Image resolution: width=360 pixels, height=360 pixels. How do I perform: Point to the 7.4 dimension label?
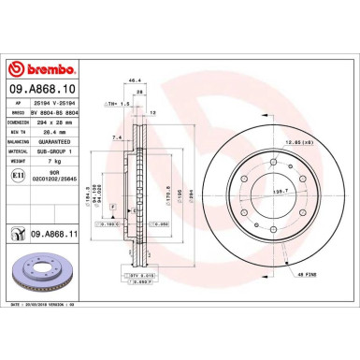click(117, 137)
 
